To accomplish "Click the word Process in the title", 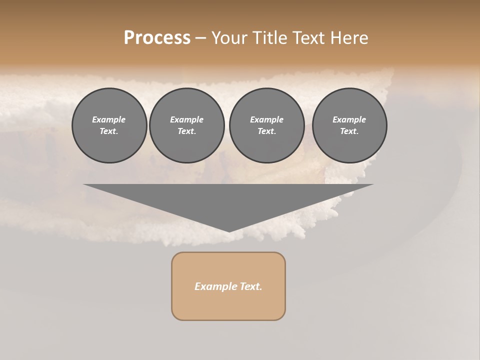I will click(x=157, y=38).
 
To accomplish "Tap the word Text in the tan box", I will click(x=251, y=286).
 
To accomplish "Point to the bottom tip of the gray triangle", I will click(x=229, y=231).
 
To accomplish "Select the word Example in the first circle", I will click(x=109, y=119).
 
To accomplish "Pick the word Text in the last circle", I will click(x=349, y=131).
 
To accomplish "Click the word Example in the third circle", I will click(x=266, y=119).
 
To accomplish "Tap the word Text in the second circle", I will click(x=186, y=131).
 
